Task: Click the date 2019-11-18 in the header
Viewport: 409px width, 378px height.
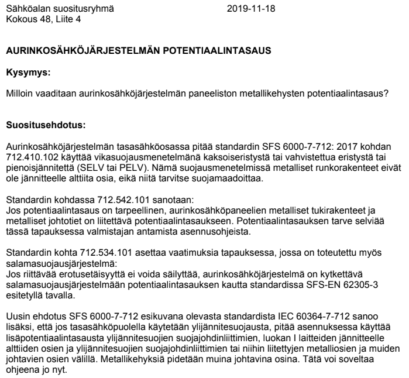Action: coord(251,9)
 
